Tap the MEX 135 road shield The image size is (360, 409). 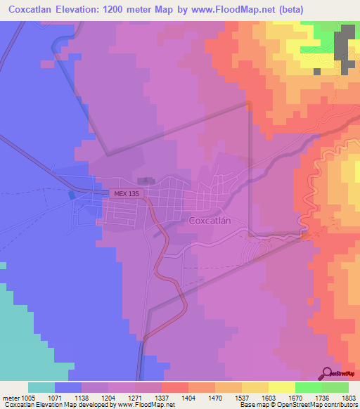tap(122, 193)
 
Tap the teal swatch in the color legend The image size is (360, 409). tap(41, 387)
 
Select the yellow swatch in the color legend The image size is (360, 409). tap(281, 387)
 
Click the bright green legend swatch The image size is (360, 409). tap(308, 387)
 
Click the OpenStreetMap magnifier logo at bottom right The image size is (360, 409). tap(328, 372)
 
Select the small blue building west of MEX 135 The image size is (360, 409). tap(71, 195)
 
